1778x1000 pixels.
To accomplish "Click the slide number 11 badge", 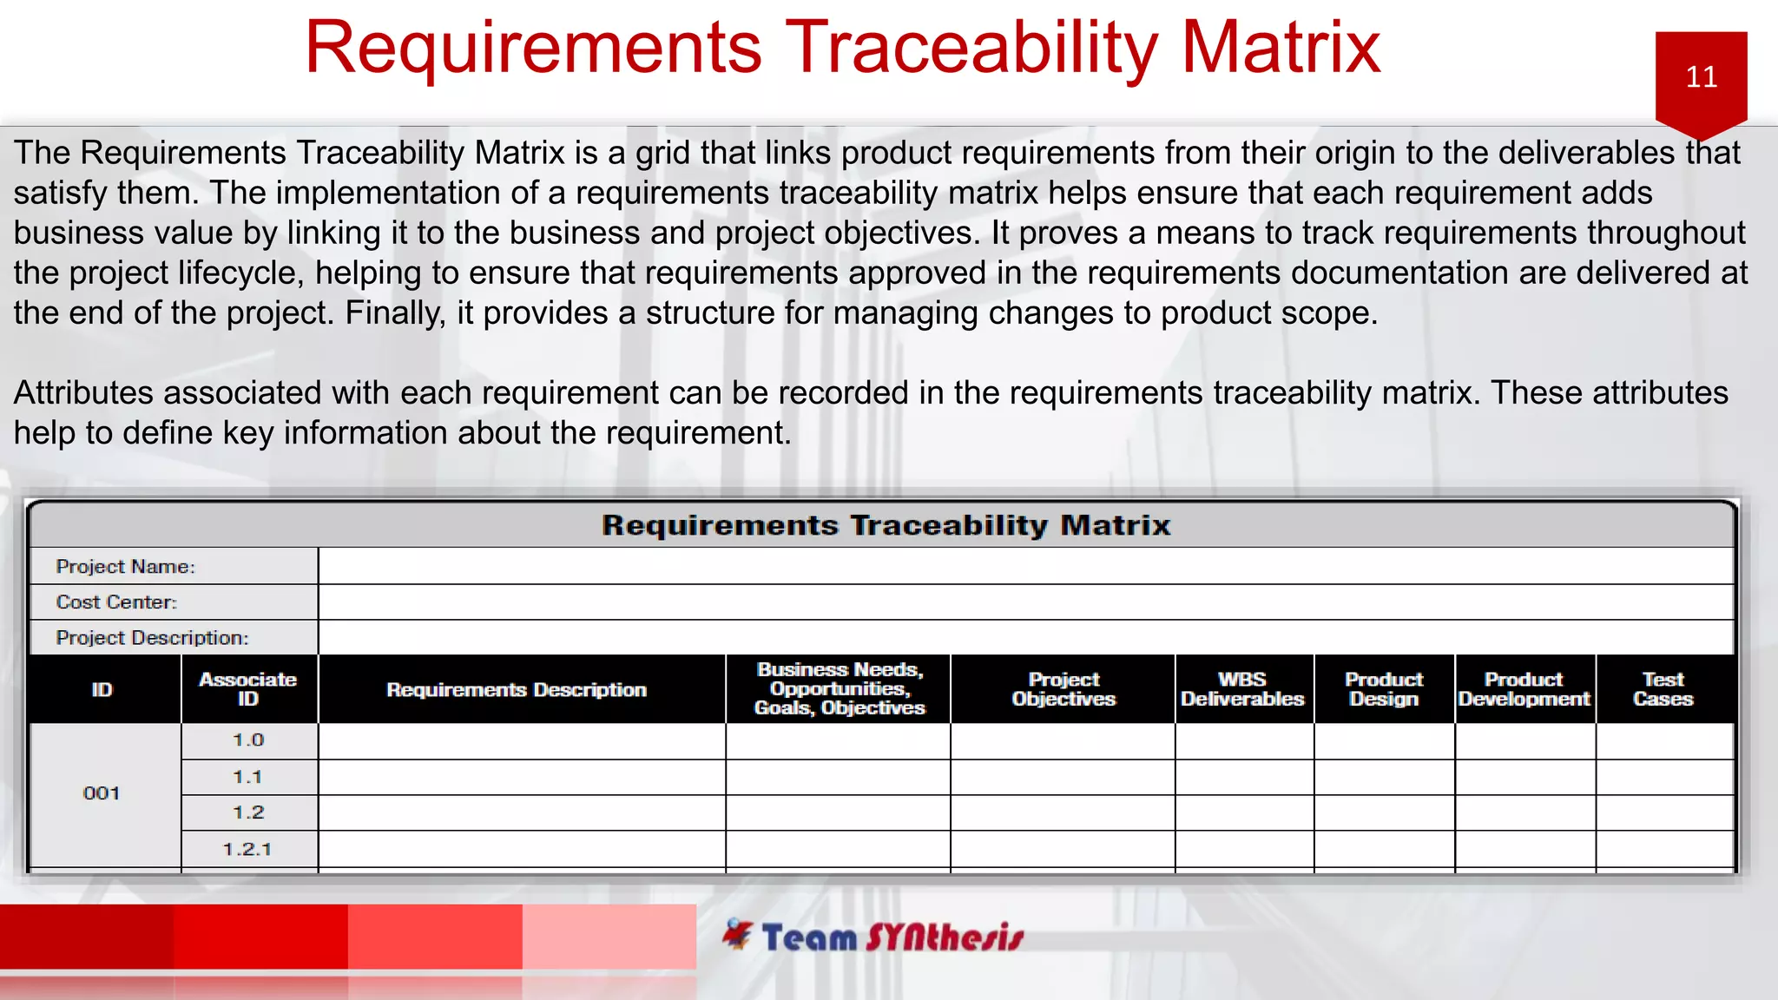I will point(1701,78).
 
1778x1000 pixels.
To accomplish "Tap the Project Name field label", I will point(126,567).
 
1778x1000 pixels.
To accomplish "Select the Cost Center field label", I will point(116,602).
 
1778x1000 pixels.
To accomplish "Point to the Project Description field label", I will point(152,638).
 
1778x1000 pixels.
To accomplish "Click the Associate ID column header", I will point(248,689).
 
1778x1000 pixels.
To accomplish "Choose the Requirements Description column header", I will point(517,690).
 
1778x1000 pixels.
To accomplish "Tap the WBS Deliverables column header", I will point(1242,689).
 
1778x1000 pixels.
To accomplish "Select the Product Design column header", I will point(1384,689).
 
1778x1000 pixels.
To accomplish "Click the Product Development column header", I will point(1524,689).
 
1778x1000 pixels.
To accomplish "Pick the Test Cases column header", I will point(1663,689).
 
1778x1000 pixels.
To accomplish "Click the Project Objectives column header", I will point(1064,689).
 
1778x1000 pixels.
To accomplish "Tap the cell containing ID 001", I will point(102,793).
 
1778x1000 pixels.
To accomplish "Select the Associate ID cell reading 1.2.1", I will point(247,850).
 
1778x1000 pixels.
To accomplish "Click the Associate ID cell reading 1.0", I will point(248,740).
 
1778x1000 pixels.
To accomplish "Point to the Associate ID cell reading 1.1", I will point(247,778).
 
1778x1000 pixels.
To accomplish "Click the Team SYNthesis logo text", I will point(892,937).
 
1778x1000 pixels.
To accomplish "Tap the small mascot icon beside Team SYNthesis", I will point(738,934).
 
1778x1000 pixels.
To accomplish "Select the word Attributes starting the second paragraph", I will point(82,393).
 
